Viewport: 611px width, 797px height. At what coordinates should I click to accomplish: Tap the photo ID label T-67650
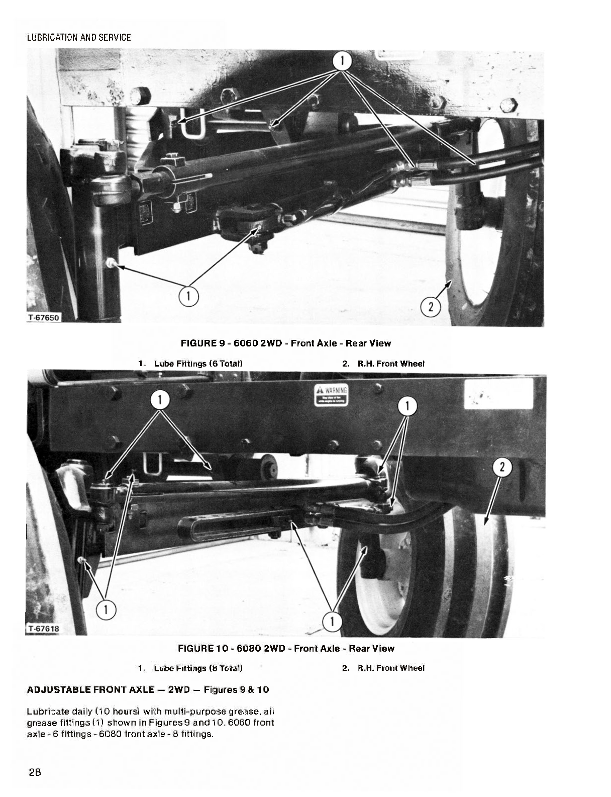pos(43,317)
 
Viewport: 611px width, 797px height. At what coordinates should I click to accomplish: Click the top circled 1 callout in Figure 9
pos(343,61)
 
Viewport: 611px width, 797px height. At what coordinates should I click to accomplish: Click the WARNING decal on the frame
pos(330,395)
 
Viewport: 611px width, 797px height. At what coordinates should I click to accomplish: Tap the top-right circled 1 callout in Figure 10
pos(407,406)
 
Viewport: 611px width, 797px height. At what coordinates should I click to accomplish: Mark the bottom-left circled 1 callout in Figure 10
pos(107,609)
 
